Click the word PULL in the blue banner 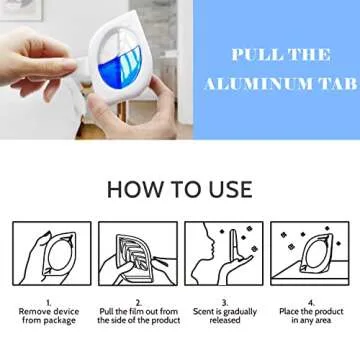point(250,55)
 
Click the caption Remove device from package point(48,316)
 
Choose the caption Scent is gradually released point(225,316)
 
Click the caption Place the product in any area point(311,316)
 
